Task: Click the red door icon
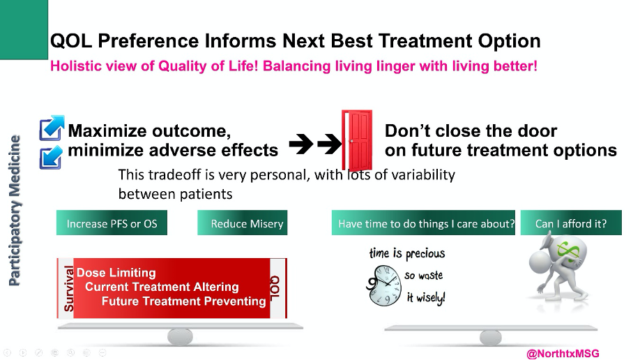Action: (357, 140)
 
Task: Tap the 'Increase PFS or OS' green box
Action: (112, 223)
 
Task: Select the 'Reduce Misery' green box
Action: (243, 223)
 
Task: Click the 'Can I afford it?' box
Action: (571, 223)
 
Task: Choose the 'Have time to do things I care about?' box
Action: (423, 223)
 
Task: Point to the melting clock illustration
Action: (384, 285)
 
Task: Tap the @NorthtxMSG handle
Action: (563, 354)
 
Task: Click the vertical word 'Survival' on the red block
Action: (68, 289)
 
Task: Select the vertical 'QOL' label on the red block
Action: (275, 287)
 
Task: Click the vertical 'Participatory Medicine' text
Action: (15, 211)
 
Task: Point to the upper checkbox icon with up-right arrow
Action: (52, 128)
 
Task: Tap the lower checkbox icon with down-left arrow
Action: (51, 157)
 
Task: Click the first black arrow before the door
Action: (301, 144)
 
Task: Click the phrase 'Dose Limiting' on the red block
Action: (116, 273)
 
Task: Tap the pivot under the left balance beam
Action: (180, 337)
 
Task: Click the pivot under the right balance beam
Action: (491, 338)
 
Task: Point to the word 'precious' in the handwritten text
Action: (425, 254)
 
